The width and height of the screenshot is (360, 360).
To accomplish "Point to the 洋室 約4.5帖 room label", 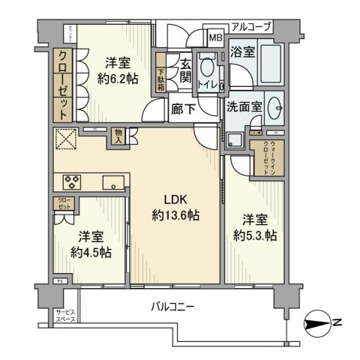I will point(90,244).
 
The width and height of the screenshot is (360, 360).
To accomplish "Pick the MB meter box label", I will point(215,37).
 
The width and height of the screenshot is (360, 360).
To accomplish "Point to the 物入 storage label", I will point(119,135).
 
